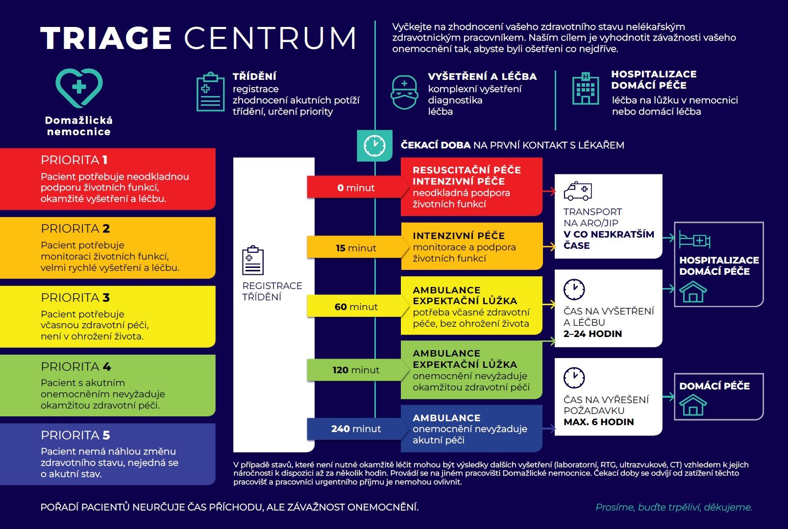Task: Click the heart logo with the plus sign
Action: [79, 88]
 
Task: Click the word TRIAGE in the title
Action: [106, 38]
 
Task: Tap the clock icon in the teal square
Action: [374, 145]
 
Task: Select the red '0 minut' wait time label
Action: [356, 188]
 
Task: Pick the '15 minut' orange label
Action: [356, 248]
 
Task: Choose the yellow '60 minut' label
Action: [356, 307]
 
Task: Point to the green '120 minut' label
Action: [356, 370]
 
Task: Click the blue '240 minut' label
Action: [356, 429]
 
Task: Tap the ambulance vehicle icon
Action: [578, 191]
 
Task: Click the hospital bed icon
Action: [694, 240]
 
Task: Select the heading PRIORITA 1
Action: [74, 160]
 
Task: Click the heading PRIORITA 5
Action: [75, 435]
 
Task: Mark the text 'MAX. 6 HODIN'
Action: [598, 422]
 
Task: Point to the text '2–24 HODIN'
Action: [592, 334]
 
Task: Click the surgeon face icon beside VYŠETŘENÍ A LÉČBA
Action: [404, 93]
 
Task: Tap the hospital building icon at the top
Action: [586, 88]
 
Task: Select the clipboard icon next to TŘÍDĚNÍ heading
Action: [210, 92]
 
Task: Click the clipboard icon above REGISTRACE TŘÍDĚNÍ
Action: [252, 260]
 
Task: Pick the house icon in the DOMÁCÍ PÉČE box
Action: [692, 405]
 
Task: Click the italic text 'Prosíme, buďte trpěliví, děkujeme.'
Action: [674, 507]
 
